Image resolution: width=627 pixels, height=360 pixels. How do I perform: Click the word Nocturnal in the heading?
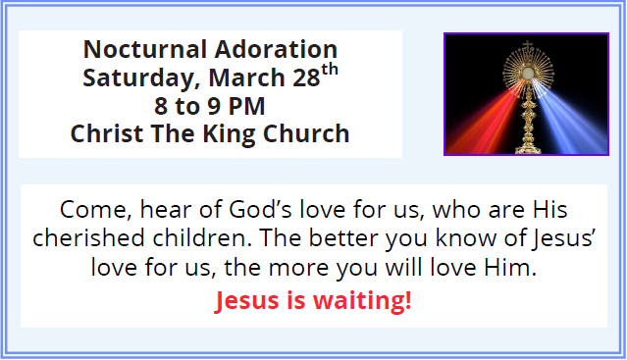click(145, 49)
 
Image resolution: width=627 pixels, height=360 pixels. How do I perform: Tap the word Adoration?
click(276, 49)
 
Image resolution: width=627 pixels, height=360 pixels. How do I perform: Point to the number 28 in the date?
click(306, 77)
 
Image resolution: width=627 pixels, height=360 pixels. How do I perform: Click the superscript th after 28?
click(330, 70)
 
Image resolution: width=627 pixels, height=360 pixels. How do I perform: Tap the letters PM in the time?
click(246, 106)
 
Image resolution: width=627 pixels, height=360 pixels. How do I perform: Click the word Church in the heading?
click(306, 133)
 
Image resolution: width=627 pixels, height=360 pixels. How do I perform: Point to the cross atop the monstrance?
click(528, 45)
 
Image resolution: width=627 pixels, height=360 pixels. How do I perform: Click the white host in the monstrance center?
click(528, 73)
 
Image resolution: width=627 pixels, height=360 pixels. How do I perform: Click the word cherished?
click(88, 237)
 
